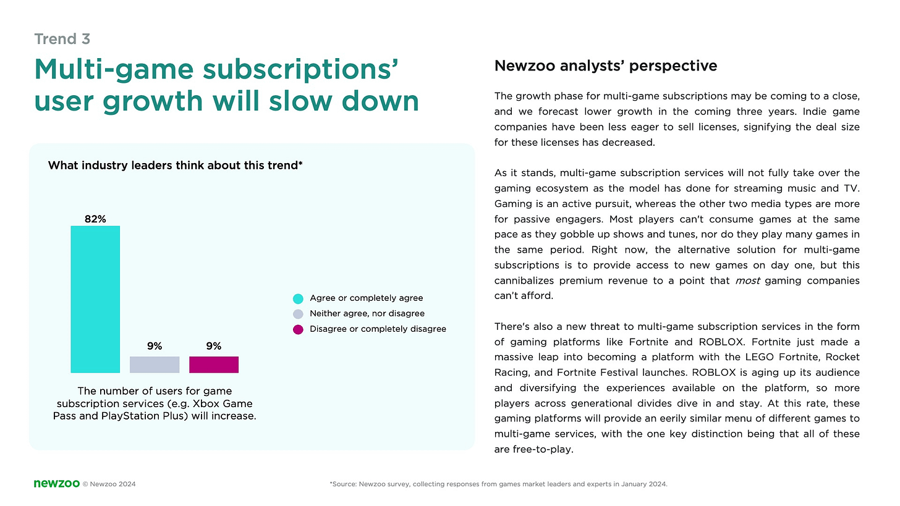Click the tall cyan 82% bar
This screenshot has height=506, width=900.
pyautogui.click(x=95, y=299)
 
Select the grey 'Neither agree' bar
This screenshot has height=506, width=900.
pyautogui.click(x=155, y=365)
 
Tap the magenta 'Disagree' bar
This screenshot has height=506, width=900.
pyautogui.click(x=214, y=365)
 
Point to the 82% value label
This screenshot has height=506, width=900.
pyautogui.click(x=95, y=219)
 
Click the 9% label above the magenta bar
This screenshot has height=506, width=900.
pyautogui.click(x=214, y=347)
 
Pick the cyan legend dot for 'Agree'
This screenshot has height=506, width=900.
pyautogui.click(x=298, y=298)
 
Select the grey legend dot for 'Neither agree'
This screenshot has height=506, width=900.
pyautogui.click(x=298, y=314)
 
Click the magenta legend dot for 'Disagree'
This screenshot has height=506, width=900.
pyautogui.click(x=298, y=329)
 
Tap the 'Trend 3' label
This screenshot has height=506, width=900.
pyautogui.click(x=62, y=39)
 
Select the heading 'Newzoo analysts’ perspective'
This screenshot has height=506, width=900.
pyautogui.click(x=606, y=66)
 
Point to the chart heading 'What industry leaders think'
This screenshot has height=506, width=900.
pyautogui.click(x=175, y=166)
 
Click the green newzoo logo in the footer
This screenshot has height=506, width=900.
pyautogui.click(x=56, y=484)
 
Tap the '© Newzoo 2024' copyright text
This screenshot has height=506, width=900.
pyautogui.click(x=109, y=484)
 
